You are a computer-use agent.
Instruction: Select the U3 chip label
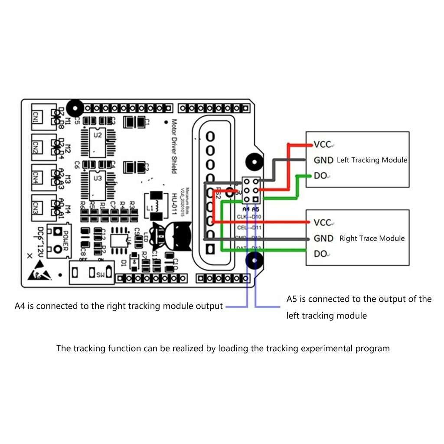pyautogui.click(x=98, y=178)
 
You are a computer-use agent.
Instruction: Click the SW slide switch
pyautogui.click(x=92, y=273)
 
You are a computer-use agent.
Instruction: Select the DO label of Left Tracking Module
pyautogui.click(x=320, y=176)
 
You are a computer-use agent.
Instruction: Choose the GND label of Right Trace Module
pyautogui.click(x=323, y=238)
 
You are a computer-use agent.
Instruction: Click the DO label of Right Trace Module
pyautogui.click(x=320, y=254)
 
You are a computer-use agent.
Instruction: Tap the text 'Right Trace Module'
pyautogui.click(x=372, y=238)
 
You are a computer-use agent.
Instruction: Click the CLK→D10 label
pyautogui.click(x=249, y=216)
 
